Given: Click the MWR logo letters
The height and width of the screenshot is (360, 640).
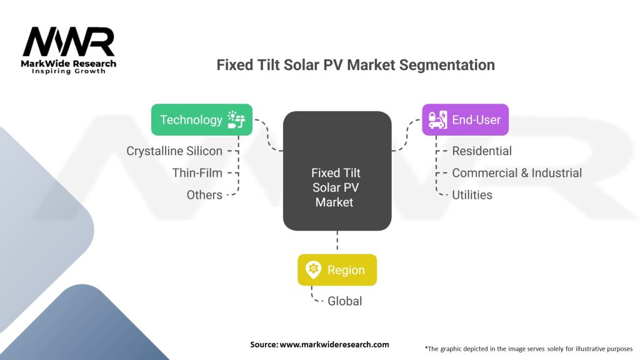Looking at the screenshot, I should point(68,42).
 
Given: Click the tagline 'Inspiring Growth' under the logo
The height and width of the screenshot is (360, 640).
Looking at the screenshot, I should point(69,71).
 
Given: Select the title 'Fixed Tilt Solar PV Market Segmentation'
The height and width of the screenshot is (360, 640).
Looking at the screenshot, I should point(356,65).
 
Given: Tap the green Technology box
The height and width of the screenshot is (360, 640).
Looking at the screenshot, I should point(202,119).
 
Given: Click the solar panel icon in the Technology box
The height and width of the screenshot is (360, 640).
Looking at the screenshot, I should point(236,119).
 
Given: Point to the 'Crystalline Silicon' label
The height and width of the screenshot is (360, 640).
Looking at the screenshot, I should point(174,151).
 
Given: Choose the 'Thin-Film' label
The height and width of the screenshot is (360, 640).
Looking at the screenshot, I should point(197,173).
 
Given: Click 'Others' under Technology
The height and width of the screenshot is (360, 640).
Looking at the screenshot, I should point(204,195).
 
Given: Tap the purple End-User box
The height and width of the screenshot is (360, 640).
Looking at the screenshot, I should point(465,119).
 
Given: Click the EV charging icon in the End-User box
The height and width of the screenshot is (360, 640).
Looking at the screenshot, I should point(437,119).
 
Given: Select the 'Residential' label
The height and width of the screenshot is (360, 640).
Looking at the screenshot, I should point(481,151).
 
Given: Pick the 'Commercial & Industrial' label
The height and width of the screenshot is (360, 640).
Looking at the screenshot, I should point(516,173).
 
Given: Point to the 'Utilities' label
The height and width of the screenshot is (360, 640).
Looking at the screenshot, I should point(472,195).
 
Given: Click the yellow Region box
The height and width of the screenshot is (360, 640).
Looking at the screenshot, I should point(337,270).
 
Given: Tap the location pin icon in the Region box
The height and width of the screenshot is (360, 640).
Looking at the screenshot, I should point(312,270).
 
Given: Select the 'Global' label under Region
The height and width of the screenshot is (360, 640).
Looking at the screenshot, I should point(344,301).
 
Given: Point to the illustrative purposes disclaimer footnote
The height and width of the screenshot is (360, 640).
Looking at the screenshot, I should point(528,348).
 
